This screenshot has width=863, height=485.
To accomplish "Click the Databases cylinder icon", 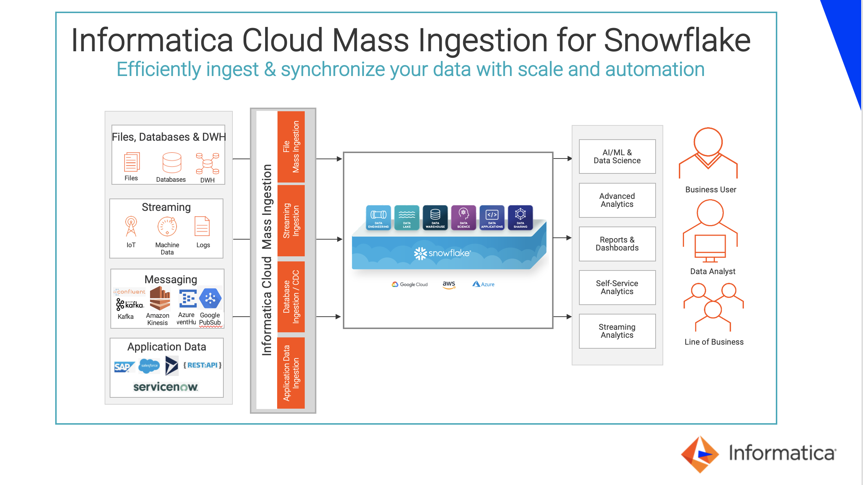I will pos(172,163).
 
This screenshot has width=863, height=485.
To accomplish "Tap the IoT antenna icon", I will pos(131,226).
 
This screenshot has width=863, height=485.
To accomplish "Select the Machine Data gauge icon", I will pos(167,227).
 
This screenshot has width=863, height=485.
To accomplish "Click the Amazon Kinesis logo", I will pos(160,298).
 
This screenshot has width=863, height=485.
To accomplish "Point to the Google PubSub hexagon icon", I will pos(210,298).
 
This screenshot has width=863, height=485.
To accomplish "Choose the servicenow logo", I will pos(166,387).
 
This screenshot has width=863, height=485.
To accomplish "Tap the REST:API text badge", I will pos(202,365).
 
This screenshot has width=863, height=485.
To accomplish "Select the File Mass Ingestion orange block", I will pos(291,147).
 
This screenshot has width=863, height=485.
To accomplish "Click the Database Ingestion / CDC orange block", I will pos(291,297).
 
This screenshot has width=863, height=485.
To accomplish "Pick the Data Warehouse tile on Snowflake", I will pos(435,217).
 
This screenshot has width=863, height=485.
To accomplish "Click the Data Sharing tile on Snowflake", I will pos(520,217).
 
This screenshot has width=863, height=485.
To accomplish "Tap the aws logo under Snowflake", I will pos(449,284).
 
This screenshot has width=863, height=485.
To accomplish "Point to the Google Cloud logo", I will pos(410,284).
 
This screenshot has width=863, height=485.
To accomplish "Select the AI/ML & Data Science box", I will pos(617,157).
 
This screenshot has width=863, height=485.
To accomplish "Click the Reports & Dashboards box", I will pos(617,244).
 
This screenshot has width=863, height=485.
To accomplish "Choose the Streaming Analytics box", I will pos(617,331).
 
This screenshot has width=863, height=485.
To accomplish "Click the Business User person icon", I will pos(708,153).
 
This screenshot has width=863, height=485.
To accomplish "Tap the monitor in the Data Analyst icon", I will pos(710,246).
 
